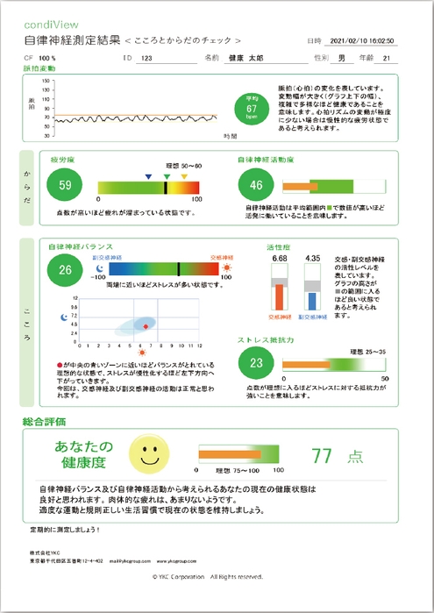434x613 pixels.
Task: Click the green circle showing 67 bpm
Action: click(x=251, y=109)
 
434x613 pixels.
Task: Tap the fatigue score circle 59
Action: click(x=65, y=185)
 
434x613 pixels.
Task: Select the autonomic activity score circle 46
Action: click(x=256, y=185)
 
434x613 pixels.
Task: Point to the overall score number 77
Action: click(x=322, y=455)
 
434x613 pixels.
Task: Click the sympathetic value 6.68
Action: click(x=280, y=259)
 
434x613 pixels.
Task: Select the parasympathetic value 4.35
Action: click(x=311, y=259)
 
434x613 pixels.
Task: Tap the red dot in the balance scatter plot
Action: click(x=146, y=325)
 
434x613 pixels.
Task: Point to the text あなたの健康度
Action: click(x=78, y=453)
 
